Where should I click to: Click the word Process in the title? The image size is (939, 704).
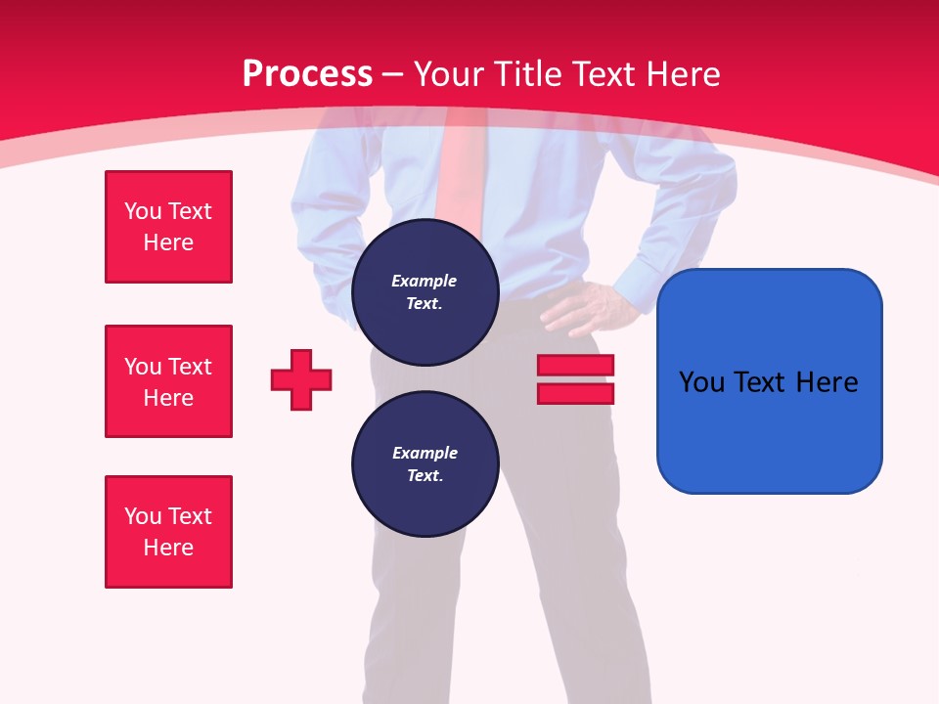[x=307, y=73]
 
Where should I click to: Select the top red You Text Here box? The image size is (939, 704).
[x=168, y=227]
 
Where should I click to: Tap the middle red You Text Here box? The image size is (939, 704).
[x=168, y=381]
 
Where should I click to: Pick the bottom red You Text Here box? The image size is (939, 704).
[x=168, y=532]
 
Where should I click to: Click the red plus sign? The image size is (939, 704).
[x=301, y=379]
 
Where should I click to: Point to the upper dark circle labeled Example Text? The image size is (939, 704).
[x=425, y=291]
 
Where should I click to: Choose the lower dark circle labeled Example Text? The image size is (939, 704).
[x=425, y=463]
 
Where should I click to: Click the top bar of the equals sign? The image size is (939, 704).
[x=575, y=365]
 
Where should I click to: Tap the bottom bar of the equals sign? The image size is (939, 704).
[x=575, y=393]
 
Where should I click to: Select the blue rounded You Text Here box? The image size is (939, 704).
[x=769, y=381]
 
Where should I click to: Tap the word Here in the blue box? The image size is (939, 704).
[x=827, y=381]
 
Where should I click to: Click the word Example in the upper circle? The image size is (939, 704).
[x=425, y=281]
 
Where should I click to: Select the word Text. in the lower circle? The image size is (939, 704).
[x=425, y=476]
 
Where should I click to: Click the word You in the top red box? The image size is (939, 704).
[x=142, y=211]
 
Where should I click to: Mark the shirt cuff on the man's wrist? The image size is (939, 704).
[x=626, y=284]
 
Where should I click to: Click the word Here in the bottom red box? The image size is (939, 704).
[x=168, y=548]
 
